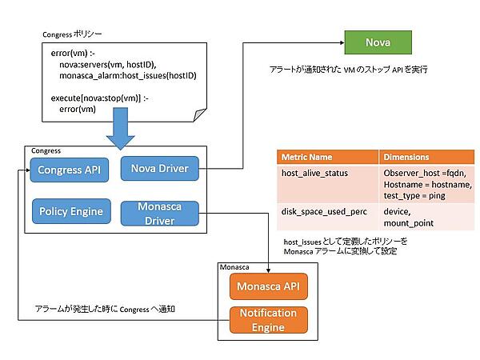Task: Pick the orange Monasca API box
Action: (268, 286)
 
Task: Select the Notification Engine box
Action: (268, 319)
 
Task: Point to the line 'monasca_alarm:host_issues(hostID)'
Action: (127, 75)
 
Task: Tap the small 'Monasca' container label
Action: (234, 267)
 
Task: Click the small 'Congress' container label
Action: (45, 150)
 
